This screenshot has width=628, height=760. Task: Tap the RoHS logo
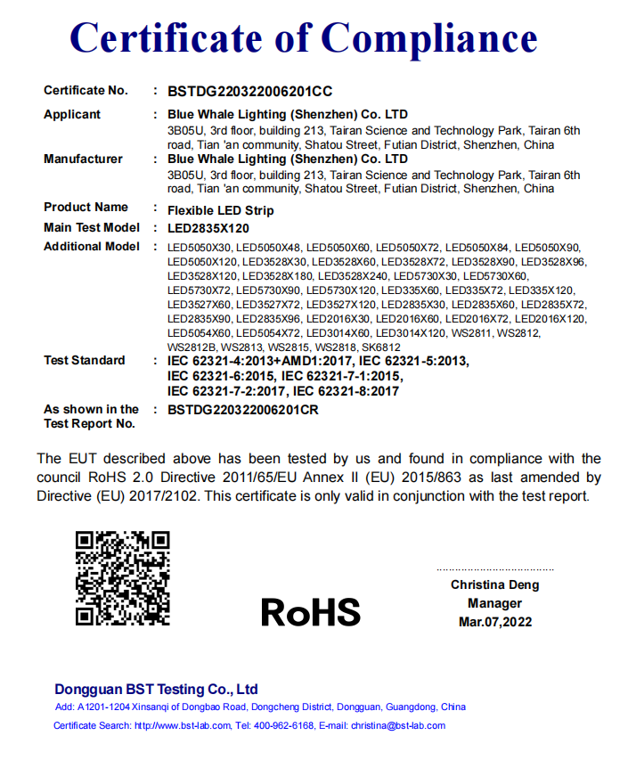click(311, 612)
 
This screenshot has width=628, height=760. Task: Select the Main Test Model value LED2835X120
click(208, 228)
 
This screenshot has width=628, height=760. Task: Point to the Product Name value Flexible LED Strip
click(221, 210)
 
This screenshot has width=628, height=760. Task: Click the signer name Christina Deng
click(494, 585)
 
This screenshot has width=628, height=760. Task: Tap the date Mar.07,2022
click(494, 622)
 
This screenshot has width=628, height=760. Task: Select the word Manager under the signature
click(494, 603)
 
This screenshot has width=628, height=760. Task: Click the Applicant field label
click(72, 114)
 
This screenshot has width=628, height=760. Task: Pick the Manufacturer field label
click(83, 159)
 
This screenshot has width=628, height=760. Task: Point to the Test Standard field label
click(84, 360)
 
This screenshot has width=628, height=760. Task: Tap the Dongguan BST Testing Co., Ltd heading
click(156, 689)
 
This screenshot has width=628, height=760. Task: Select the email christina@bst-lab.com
click(397, 725)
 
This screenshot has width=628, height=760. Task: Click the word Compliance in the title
click(429, 38)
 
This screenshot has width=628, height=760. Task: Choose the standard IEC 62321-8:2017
click(346, 390)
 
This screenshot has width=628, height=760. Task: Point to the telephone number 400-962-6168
click(284, 725)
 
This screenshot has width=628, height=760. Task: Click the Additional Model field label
click(92, 246)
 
